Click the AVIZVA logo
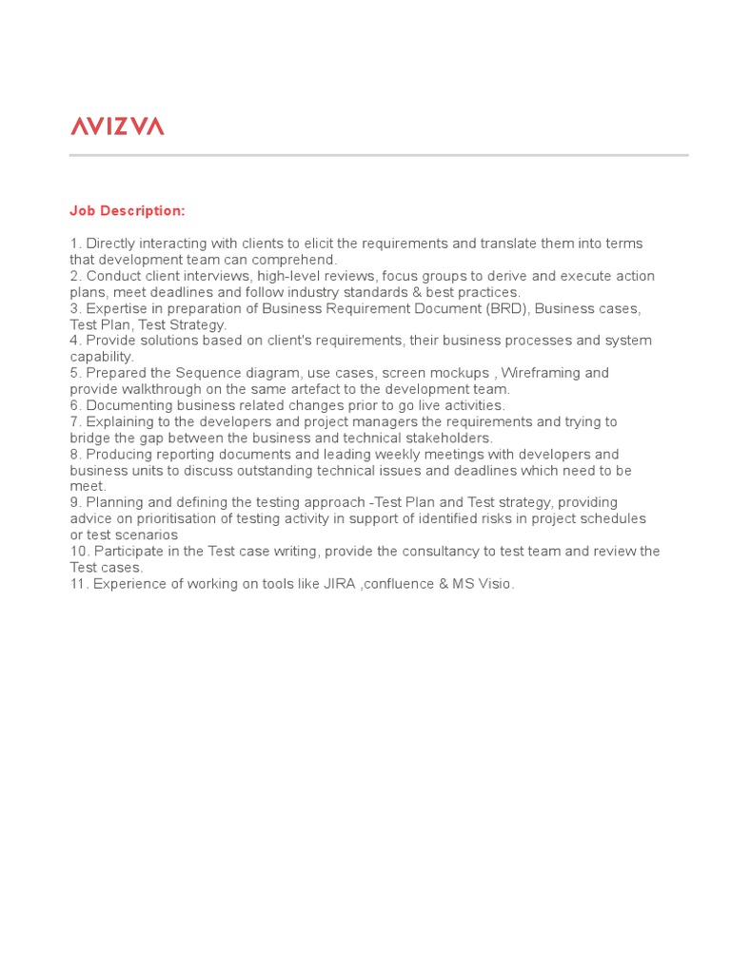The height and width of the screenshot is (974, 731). [117, 126]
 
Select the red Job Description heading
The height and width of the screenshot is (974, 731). [127, 210]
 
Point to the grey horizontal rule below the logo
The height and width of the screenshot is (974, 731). [378, 155]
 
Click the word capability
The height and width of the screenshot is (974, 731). [101, 357]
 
